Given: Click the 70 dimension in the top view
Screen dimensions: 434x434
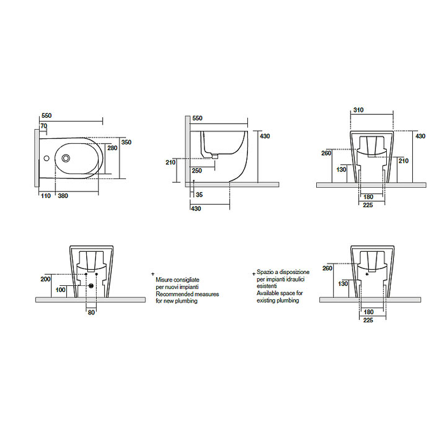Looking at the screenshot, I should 44,126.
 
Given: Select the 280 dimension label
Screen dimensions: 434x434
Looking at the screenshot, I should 112,148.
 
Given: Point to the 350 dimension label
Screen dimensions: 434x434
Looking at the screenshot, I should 126,142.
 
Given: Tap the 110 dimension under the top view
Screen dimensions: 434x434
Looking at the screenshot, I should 46,196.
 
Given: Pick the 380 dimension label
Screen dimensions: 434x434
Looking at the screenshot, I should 63,196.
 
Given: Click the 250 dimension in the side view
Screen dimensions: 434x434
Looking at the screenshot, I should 196,171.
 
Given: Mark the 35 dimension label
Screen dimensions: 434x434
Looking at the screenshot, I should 199,194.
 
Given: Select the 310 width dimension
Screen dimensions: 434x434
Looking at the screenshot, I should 359,110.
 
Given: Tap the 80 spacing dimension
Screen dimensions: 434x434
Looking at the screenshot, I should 91,312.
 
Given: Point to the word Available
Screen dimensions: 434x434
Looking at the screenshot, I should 268,293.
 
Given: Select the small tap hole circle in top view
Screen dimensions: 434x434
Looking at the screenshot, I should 46,159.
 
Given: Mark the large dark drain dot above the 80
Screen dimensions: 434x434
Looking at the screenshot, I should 91,286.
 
